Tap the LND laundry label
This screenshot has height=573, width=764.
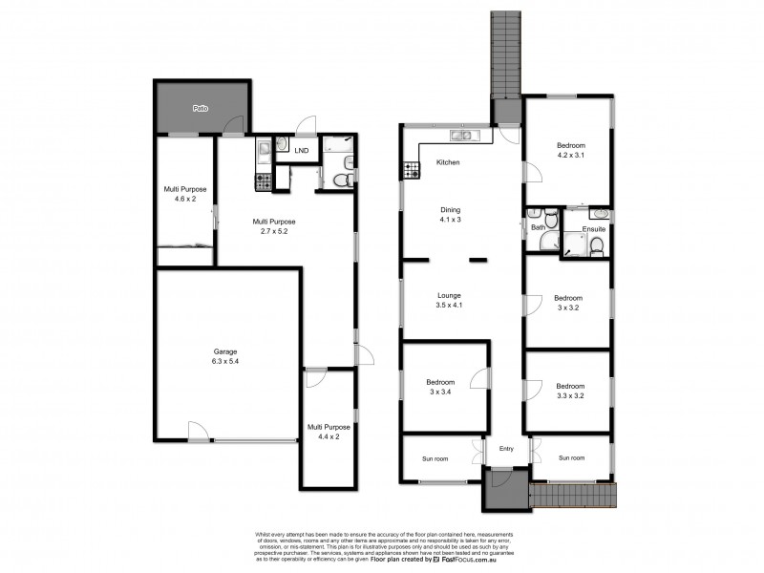tap(302, 151)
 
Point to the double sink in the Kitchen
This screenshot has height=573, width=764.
tap(463, 134)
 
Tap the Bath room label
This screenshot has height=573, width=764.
tap(538, 227)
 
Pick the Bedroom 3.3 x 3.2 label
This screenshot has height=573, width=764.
tap(568, 390)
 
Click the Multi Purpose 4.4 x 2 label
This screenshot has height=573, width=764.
tap(328, 432)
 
